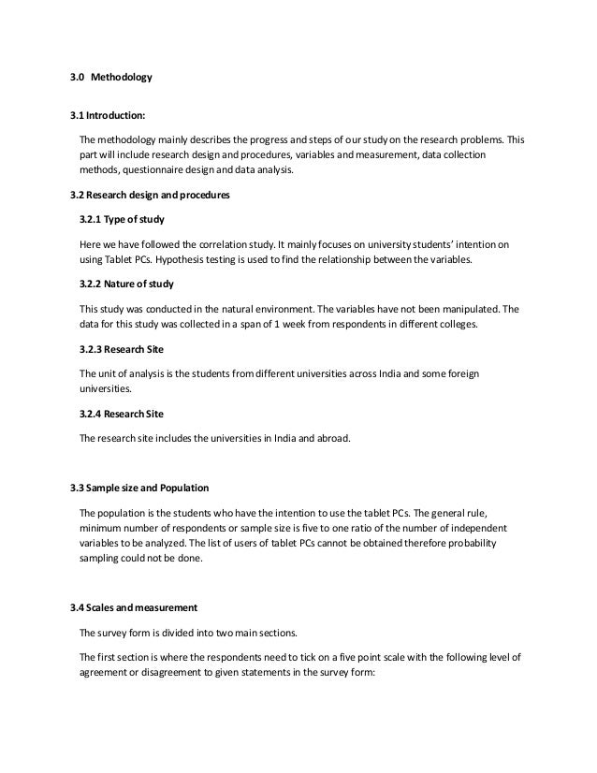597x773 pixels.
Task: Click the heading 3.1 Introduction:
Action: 108,117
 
